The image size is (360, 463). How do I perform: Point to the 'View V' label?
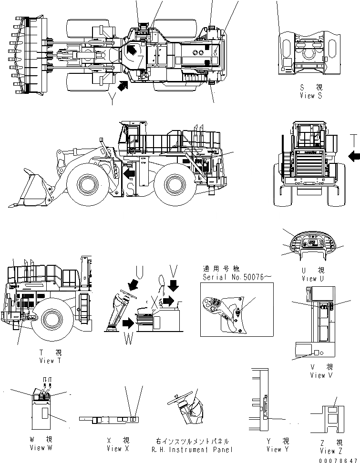[318, 375]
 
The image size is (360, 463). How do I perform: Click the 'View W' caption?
[44, 447]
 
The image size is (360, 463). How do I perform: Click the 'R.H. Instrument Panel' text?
[192, 449]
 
